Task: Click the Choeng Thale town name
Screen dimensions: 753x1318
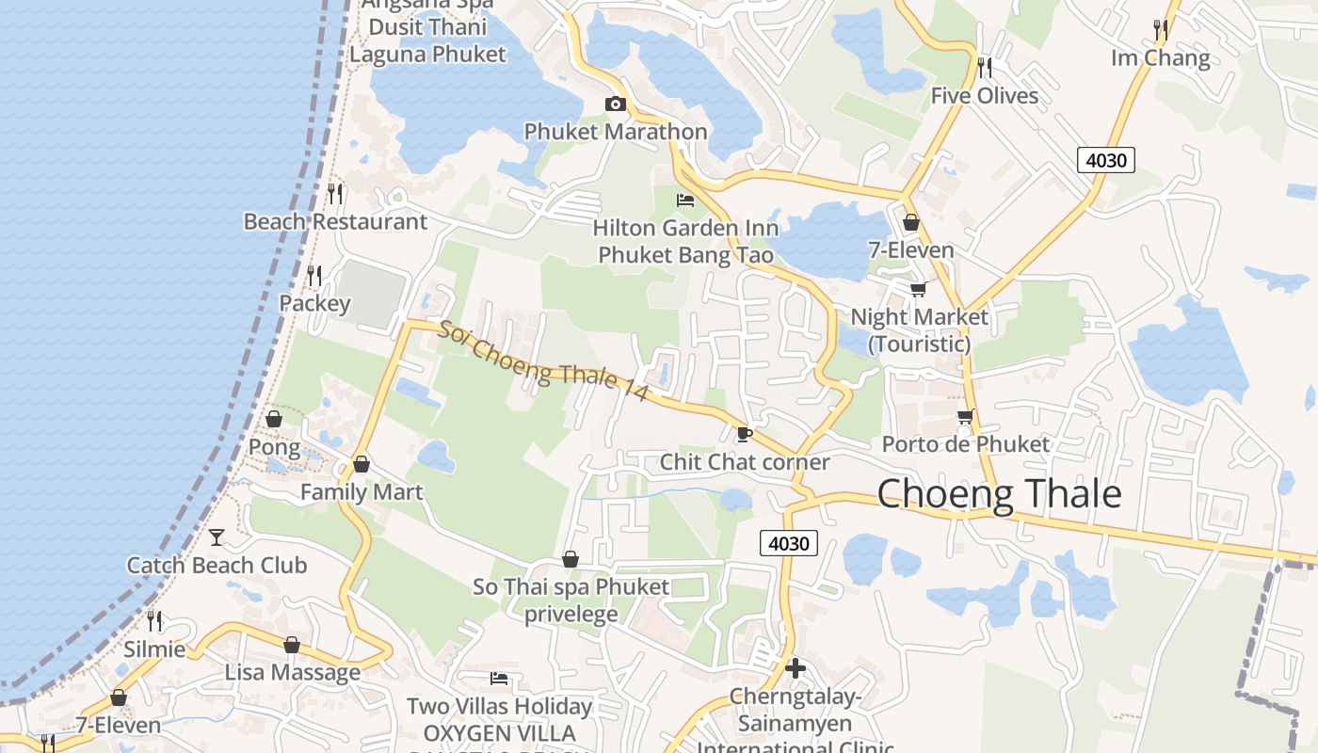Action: click(x=999, y=494)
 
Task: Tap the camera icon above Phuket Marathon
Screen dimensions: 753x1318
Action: click(x=615, y=104)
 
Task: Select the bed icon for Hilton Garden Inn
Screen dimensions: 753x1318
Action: click(x=685, y=200)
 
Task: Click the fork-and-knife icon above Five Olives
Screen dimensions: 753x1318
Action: click(x=985, y=67)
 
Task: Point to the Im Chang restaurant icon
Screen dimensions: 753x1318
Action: click(x=1161, y=30)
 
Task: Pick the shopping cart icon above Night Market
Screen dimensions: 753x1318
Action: click(x=918, y=289)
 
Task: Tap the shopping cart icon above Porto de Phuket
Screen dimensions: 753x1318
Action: click(x=965, y=416)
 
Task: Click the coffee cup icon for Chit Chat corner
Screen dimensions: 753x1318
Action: click(x=744, y=434)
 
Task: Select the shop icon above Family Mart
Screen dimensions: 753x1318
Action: click(x=361, y=464)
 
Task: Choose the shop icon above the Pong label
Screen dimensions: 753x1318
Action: click(x=274, y=419)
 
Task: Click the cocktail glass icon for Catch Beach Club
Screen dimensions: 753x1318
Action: click(x=217, y=537)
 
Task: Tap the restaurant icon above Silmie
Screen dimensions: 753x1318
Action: click(x=154, y=621)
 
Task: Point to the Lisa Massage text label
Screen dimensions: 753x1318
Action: click(x=292, y=672)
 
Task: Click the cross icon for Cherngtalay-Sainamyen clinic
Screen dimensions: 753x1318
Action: click(x=796, y=668)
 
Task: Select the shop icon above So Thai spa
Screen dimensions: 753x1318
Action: click(x=570, y=559)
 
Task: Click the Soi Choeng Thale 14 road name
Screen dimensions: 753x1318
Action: click(x=543, y=361)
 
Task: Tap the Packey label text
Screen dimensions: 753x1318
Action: click(x=314, y=303)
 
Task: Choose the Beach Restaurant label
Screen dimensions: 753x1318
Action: click(x=335, y=221)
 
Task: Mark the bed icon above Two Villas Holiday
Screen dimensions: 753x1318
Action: click(x=499, y=678)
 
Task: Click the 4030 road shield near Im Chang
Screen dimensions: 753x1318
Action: click(x=1105, y=160)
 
